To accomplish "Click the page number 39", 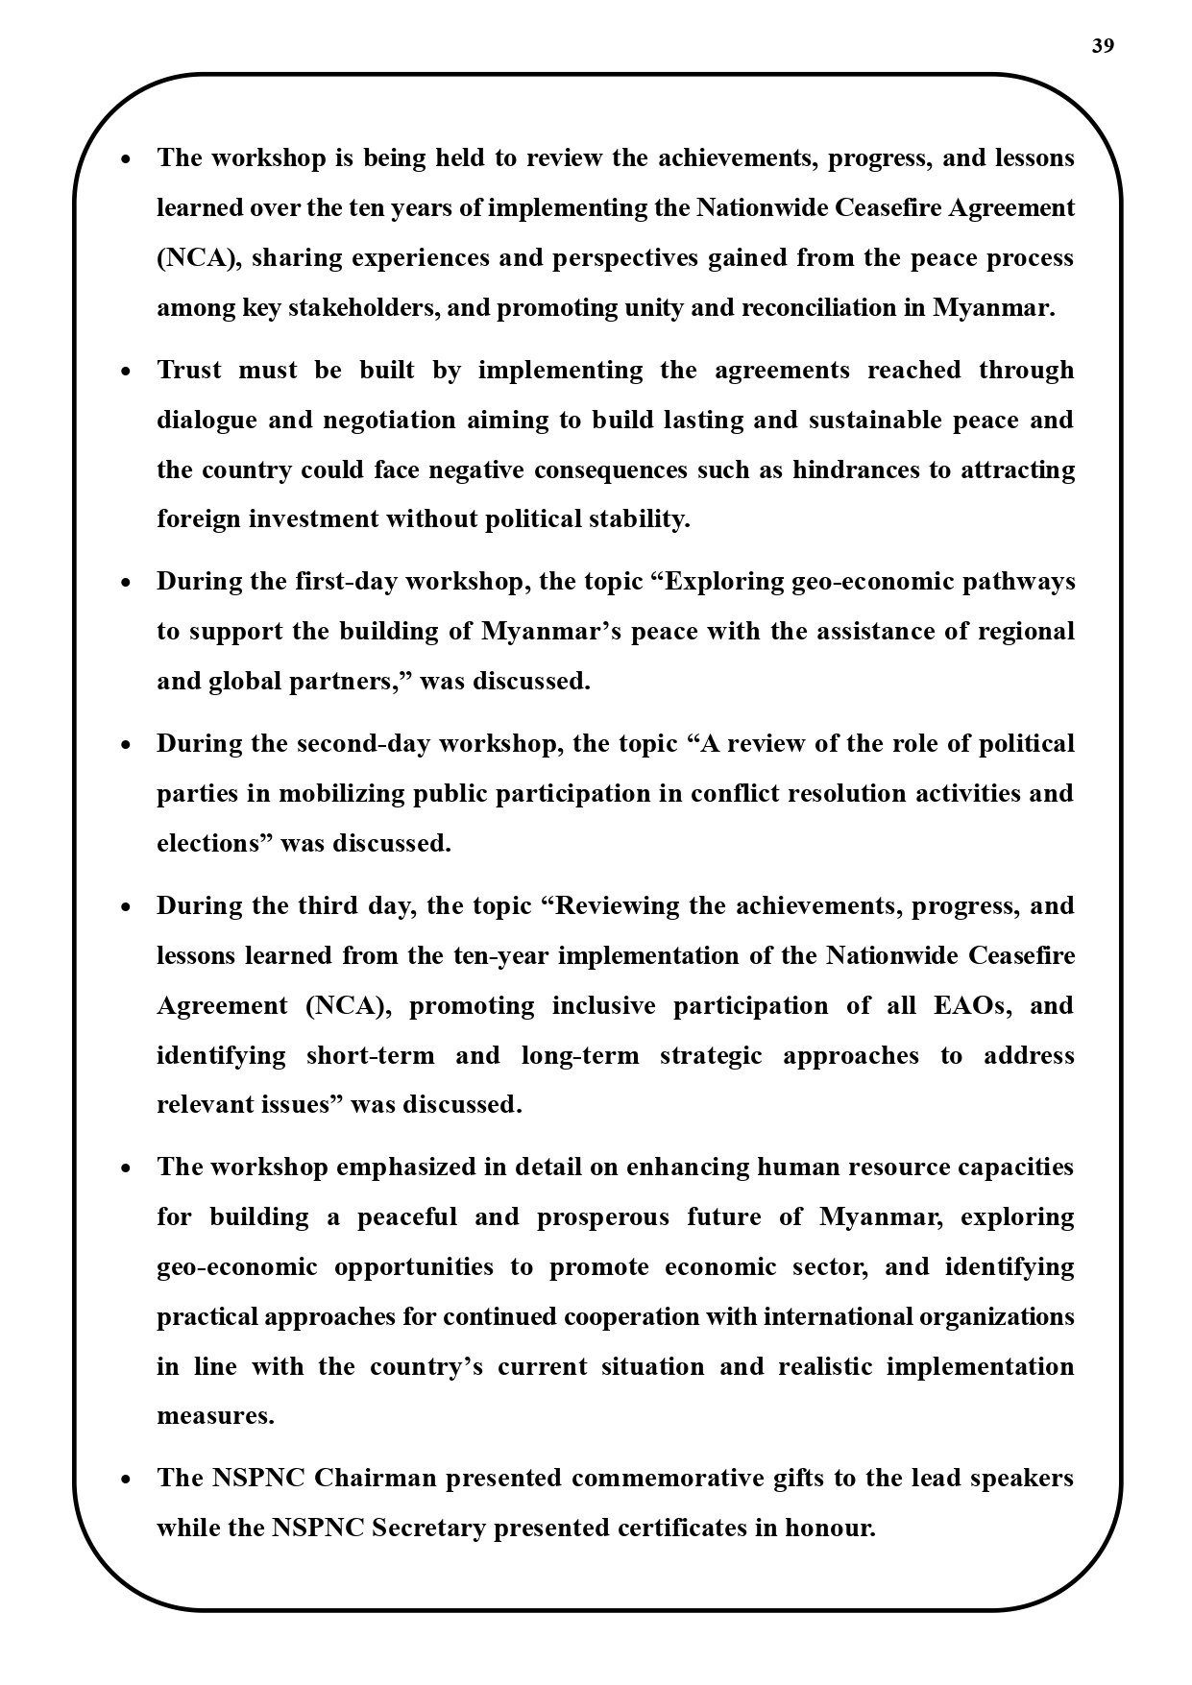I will click(x=1103, y=46).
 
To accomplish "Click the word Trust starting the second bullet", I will click(x=189, y=370).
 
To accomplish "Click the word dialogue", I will click(x=207, y=420).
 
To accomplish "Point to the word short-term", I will click(x=370, y=1055).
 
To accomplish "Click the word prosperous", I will click(x=602, y=1217).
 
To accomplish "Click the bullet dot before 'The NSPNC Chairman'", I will click(x=126, y=1480).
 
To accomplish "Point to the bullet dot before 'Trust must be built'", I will click(x=126, y=372).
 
